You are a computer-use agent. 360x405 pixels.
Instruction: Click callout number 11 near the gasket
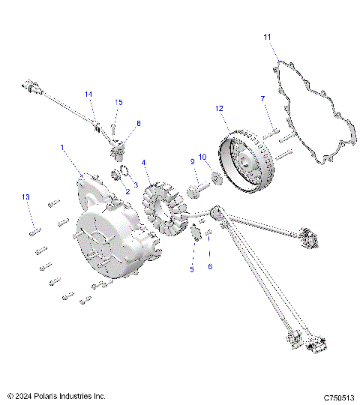(268, 36)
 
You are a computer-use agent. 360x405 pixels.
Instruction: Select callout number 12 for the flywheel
(219, 109)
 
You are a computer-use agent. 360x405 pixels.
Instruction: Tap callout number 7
(262, 99)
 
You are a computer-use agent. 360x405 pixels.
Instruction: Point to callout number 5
(191, 268)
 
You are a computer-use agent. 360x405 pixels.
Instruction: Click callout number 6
(210, 267)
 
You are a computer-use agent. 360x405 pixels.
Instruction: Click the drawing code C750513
(338, 396)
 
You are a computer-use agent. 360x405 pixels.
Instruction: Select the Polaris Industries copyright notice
(56, 395)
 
